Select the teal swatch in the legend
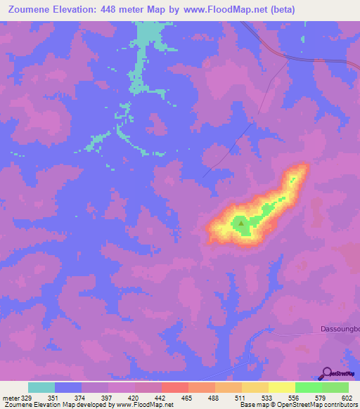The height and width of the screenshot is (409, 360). point(41,387)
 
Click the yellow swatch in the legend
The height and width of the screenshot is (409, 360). point(281,387)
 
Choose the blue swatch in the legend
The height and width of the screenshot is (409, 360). point(67,387)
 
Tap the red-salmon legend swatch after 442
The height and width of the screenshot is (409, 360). point(174,387)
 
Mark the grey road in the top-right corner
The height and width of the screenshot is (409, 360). point(295,57)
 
